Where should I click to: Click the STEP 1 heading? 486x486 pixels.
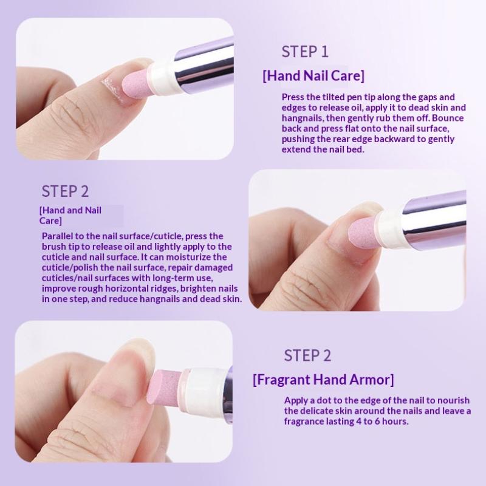[305, 52]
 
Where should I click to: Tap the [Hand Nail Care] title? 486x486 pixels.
[313, 75]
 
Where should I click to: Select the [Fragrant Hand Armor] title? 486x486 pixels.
[323, 380]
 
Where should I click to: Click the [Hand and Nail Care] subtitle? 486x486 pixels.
[70, 216]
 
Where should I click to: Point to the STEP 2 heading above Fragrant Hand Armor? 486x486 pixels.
[307, 355]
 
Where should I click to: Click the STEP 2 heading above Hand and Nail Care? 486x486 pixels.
[65, 191]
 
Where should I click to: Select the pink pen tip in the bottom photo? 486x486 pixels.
[163, 387]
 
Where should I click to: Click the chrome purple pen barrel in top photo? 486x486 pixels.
[205, 66]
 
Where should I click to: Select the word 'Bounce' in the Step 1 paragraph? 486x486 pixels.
[448, 118]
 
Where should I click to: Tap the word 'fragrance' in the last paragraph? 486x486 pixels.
[304, 422]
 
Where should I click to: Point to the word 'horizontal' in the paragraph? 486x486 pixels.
[126, 289]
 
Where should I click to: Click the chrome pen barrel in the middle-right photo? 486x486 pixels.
[434, 219]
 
